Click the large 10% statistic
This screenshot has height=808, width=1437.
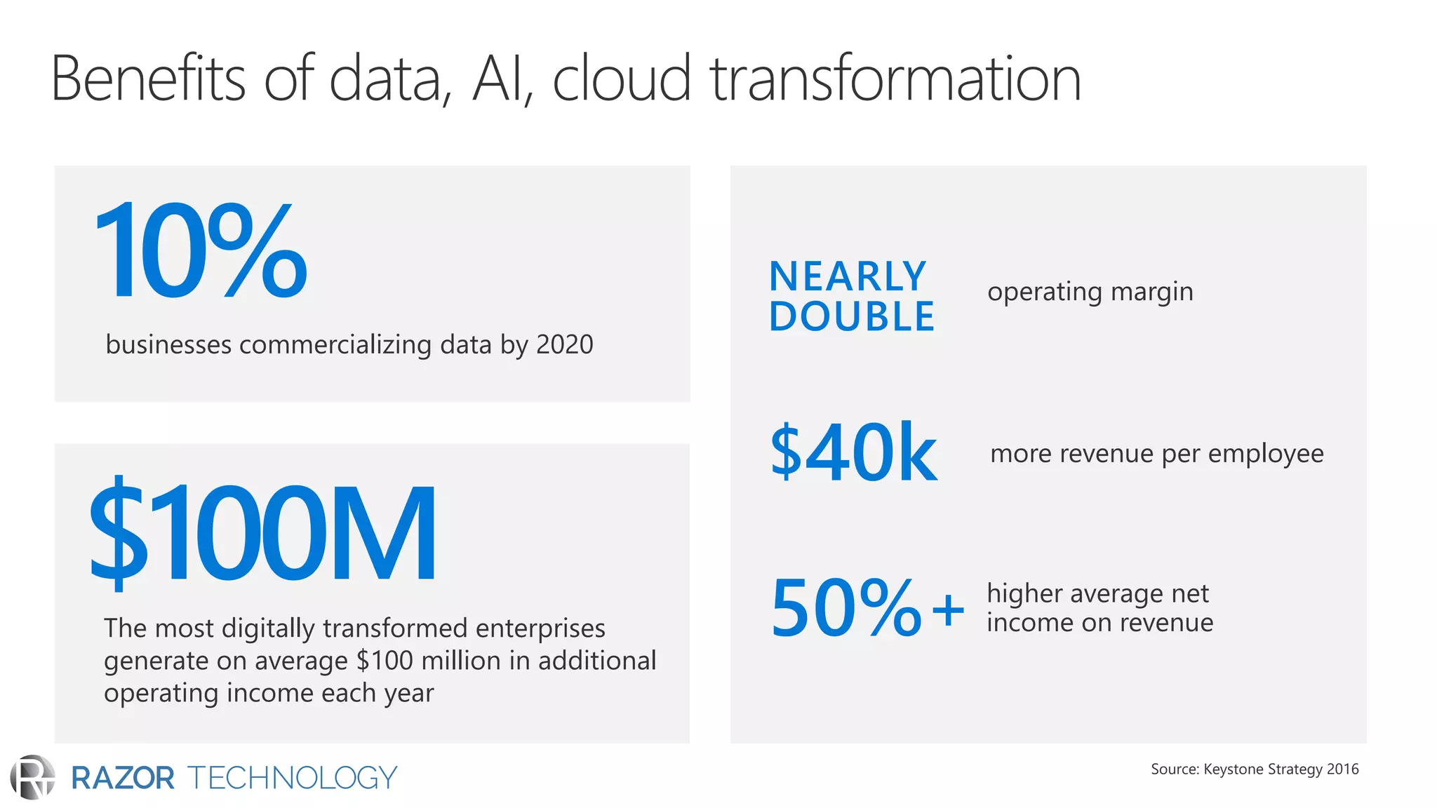click(201, 250)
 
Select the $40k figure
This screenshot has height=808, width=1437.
click(853, 452)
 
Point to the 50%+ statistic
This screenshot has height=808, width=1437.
click(867, 608)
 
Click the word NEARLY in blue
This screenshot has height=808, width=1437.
click(848, 276)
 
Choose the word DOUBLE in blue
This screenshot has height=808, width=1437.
click(852, 316)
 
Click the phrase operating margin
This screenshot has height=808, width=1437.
click(1090, 292)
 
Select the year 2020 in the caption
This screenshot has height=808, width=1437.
click(564, 344)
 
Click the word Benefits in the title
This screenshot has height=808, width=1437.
click(148, 79)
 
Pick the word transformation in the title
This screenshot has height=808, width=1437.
click(895, 79)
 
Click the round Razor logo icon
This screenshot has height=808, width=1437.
click(32, 777)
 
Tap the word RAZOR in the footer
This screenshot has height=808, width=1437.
click(123, 778)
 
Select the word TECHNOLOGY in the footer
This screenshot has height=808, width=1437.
click(292, 778)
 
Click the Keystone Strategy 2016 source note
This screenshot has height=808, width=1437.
click(1255, 769)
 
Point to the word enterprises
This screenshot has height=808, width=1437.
click(540, 628)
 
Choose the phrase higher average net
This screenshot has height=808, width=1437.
click(1097, 594)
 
